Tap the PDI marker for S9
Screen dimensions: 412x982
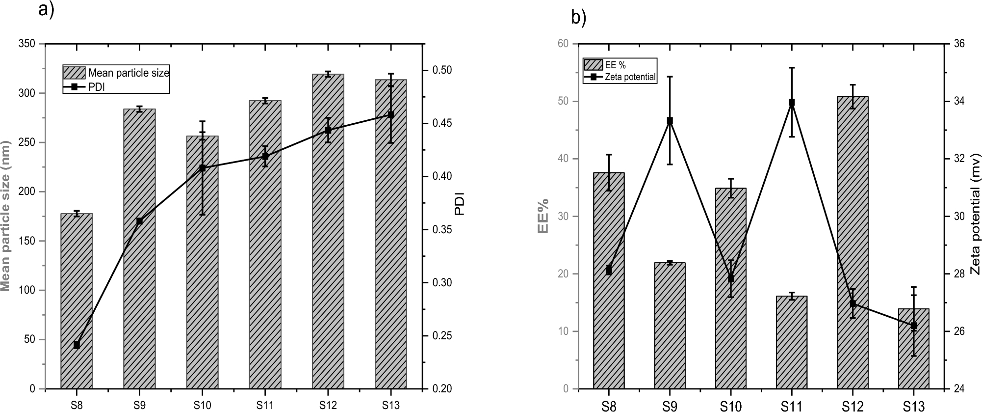(x=139, y=221)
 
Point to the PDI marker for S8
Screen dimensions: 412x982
(x=77, y=345)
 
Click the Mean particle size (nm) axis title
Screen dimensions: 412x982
(x=6, y=216)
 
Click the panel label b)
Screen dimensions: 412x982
(x=579, y=18)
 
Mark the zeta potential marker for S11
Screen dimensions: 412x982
(x=792, y=103)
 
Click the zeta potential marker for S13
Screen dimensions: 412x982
(x=913, y=326)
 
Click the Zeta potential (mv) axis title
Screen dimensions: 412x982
(x=975, y=216)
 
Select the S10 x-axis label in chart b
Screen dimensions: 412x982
(x=730, y=406)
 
